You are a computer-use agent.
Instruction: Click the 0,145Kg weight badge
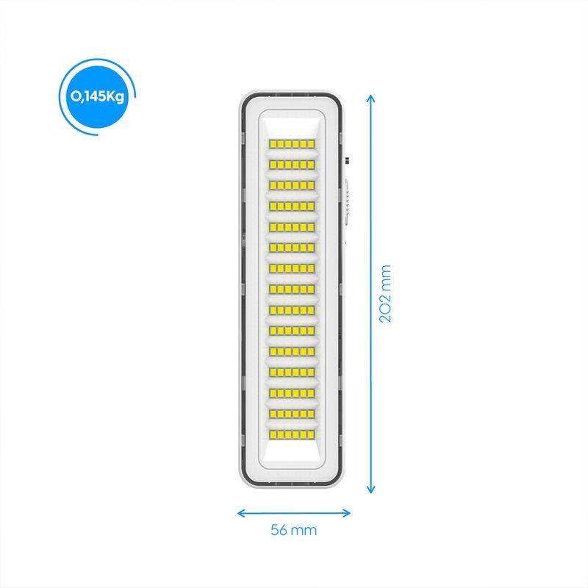pyautogui.click(x=97, y=97)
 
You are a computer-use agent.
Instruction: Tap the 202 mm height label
pyautogui.click(x=385, y=293)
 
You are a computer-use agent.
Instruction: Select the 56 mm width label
pyautogui.click(x=293, y=530)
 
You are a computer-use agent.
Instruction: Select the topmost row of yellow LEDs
pyautogui.click(x=292, y=144)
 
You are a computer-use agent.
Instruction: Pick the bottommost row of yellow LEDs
pyautogui.click(x=292, y=434)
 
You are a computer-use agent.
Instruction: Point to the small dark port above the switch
pyautogui.click(x=347, y=161)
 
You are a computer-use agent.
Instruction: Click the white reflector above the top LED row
pyautogui.click(x=292, y=127)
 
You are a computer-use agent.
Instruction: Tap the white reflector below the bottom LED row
pyautogui.click(x=292, y=451)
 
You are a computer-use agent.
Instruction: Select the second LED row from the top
pyautogui.click(x=292, y=165)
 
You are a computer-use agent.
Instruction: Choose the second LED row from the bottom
pyautogui.click(x=292, y=414)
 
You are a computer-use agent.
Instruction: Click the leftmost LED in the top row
pyautogui.click(x=273, y=144)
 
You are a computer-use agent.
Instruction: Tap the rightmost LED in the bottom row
pyautogui.click(x=310, y=434)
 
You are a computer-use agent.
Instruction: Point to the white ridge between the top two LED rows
pyautogui.click(x=292, y=154)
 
